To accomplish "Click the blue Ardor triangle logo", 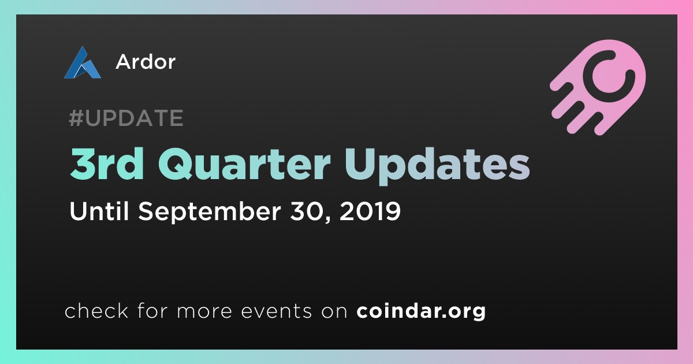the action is (x=82, y=63).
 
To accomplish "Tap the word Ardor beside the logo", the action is (x=146, y=62).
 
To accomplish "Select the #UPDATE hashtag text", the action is (x=126, y=118).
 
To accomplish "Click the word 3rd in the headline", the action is (x=107, y=164).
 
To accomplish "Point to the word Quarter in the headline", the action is (x=244, y=164).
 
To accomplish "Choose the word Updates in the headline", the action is (x=437, y=166).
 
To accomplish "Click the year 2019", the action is (x=370, y=211).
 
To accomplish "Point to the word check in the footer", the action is (x=96, y=310).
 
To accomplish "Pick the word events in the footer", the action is (x=276, y=311).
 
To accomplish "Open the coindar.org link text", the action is (x=421, y=311).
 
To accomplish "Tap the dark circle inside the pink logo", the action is (x=609, y=76).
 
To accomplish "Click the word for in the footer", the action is (x=152, y=310).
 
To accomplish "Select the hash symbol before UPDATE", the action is (x=76, y=118).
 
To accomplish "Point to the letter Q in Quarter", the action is (x=175, y=164).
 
